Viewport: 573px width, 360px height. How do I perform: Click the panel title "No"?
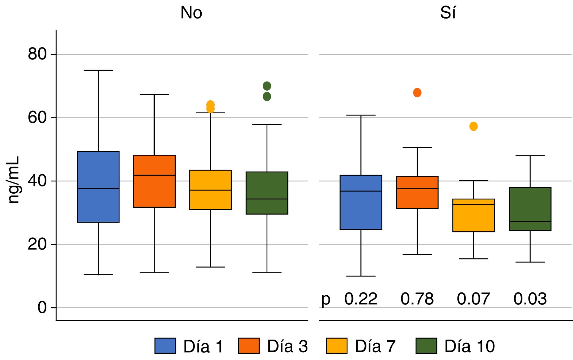191,13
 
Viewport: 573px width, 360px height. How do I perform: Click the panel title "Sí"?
448,13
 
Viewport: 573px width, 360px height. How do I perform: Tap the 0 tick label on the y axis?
42,308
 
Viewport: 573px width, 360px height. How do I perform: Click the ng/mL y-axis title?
14,180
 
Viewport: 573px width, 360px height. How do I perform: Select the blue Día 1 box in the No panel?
98,187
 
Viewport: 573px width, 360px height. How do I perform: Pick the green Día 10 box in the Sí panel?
530,209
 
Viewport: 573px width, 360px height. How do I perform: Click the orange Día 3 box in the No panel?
154,181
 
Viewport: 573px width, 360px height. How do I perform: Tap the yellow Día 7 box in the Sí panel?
474,215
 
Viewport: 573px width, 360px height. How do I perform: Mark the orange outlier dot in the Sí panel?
417,93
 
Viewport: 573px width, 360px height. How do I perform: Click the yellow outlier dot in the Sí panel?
474,126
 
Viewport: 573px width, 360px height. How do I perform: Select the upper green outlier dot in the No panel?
267,86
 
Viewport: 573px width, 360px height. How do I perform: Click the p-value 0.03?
530,299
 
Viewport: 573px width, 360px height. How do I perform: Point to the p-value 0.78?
417,299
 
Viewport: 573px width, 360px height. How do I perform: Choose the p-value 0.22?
361,299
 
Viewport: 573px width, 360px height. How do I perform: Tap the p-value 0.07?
473,299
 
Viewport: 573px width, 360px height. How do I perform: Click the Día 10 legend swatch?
426,346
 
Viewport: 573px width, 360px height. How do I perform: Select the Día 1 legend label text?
203,347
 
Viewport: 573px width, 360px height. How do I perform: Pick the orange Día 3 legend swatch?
249,346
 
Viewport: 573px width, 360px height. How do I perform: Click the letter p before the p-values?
326,300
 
